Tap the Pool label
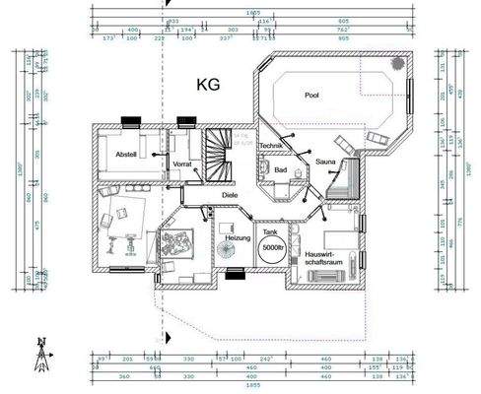312,96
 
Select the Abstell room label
125,155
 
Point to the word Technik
272,146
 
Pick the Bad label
280,170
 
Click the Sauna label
326,161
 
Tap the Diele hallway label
230,195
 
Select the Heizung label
238,238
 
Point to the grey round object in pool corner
396,64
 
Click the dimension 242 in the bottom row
266,360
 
